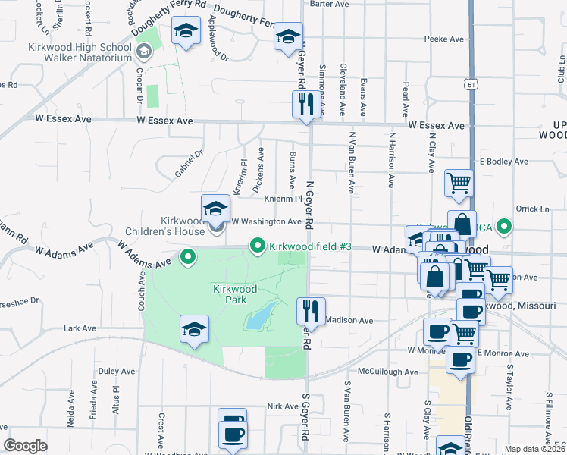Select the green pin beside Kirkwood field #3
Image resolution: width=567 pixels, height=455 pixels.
point(258,246)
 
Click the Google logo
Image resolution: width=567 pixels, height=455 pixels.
point(26,446)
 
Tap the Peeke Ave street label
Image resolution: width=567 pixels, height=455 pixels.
point(444,38)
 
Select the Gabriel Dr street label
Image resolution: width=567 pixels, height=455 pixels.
point(190,163)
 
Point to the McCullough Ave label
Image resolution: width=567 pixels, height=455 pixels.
point(388,372)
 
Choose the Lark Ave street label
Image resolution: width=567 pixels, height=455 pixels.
point(80,328)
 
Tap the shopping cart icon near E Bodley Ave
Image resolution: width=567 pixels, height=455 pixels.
point(459,183)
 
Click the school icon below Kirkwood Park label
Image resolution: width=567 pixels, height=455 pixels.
point(194,330)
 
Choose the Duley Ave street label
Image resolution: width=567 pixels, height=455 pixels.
point(116,372)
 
